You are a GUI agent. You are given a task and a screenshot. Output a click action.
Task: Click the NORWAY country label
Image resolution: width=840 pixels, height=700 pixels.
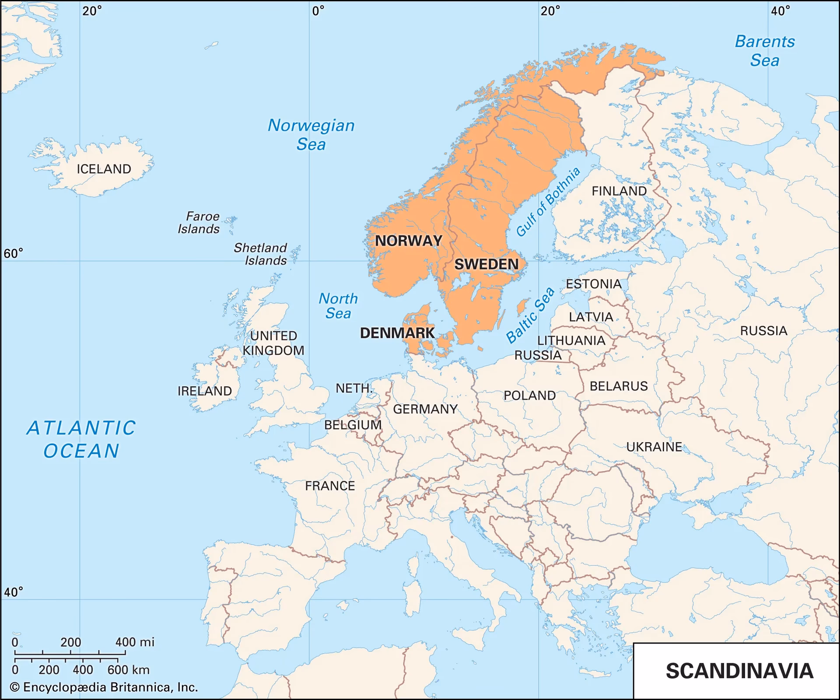pyautogui.click(x=409, y=241)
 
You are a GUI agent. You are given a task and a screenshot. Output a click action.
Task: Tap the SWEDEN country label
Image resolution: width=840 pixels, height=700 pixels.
pyautogui.click(x=486, y=264)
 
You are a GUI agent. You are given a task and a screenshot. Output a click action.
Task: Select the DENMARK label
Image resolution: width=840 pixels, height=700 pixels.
pyautogui.click(x=397, y=333)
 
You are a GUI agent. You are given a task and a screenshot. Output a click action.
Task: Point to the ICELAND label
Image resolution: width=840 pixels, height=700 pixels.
pyautogui.click(x=104, y=169)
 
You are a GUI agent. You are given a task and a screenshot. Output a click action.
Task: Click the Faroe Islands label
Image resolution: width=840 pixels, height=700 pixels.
pyautogui.click(x=199, y=223)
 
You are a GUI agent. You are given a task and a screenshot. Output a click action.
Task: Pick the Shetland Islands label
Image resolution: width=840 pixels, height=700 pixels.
pyautogui.click(x=261, y=254)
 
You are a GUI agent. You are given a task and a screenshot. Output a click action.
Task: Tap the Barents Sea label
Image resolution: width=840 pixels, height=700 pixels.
pyautogui.click(x=765, y=51)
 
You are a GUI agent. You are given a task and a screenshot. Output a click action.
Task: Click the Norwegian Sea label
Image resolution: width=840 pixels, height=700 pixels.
pyautogui.click(x=311, y=135)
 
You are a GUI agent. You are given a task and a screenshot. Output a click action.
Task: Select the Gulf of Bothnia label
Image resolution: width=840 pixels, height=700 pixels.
pyautogui.click(x=548, y=202)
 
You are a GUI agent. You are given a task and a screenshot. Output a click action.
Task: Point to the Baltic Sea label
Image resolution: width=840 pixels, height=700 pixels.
pyautogui.click(x=530, y=315)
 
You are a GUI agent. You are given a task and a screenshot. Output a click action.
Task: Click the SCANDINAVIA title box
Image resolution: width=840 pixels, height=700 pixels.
pyautogui.click(x=739, y=671)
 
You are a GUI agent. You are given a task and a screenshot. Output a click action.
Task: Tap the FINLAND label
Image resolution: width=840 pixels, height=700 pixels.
pyautogui.click(x=619, y=191)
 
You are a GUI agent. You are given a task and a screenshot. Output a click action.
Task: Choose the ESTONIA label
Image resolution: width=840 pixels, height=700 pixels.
pyautogui.click(x=594, y=284)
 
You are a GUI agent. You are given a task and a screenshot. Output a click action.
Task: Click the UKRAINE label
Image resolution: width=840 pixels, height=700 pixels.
pyautogui.click(x=654, y=447)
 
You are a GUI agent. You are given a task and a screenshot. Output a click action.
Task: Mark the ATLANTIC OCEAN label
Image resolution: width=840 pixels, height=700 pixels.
pyautogui.click(x=81, y=439)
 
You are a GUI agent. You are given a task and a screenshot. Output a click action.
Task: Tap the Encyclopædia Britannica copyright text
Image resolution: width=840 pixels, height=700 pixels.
pyautogui.click(x=104, y=687)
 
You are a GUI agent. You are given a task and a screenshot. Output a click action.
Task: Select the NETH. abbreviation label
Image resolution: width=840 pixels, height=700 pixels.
pyautogui.click(x=353, y=388)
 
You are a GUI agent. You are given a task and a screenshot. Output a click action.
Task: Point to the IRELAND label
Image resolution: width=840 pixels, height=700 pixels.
pyautogui.click(x=204, y=391)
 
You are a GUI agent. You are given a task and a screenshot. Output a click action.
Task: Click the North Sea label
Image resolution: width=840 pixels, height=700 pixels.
pyautogui.click(x=338, y=306)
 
